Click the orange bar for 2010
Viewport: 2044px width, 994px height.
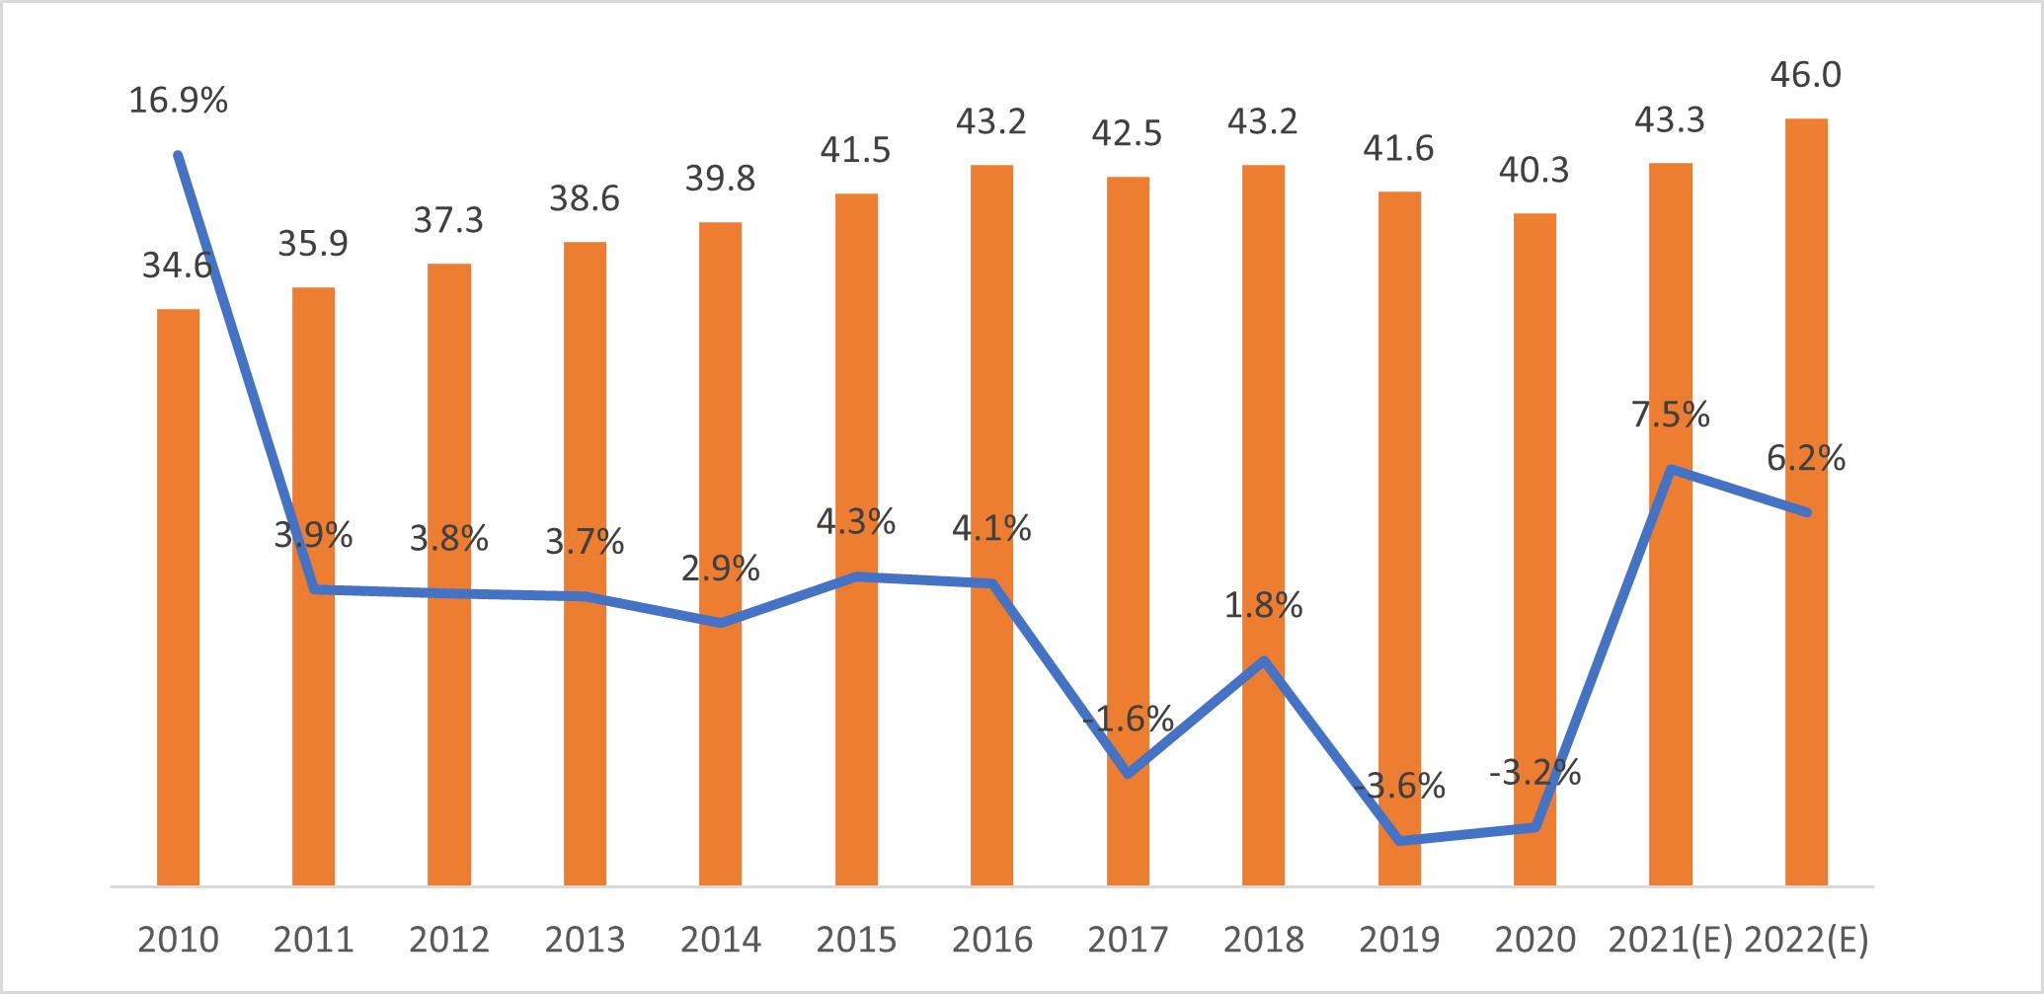[178, 597]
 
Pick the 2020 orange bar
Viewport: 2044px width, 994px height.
[1534, 549]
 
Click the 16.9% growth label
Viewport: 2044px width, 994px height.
[178, 101]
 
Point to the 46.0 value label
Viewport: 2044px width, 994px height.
[1805, 75]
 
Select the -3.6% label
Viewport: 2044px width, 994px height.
[1400, 787]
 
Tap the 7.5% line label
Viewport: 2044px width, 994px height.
[1670, 415]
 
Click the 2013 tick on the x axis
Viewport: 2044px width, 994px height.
[585, 940]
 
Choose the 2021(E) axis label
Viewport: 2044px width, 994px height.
[1670, 940]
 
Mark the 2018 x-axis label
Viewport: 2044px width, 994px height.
[1263, 940]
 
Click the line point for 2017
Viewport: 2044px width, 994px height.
[1128, 773]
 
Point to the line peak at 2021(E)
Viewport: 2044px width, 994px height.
[1670, 469]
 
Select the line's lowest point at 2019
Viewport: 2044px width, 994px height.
[1400, 840]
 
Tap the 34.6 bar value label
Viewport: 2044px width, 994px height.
[178, 266]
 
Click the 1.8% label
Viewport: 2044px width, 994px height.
[1263, 605]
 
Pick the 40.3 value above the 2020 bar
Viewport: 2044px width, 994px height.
[1533, 171]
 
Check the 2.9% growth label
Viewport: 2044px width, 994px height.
[721, 569]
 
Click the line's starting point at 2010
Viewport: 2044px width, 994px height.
[178, 155]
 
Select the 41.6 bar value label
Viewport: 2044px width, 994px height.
[1398, 149]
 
